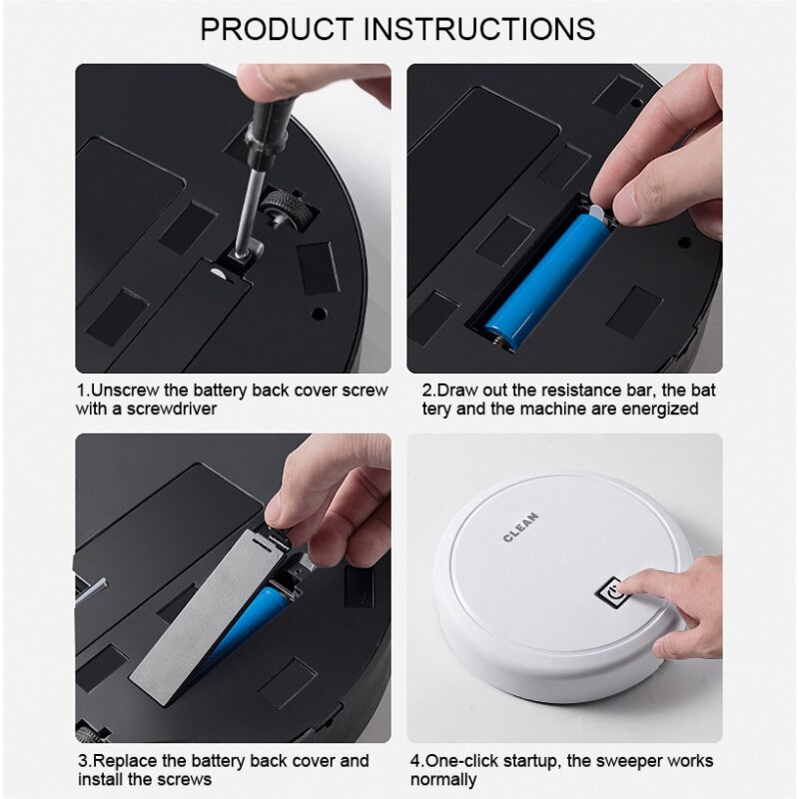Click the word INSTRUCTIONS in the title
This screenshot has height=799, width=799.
click(479, 27)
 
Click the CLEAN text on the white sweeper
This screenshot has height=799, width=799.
click(520, 525)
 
